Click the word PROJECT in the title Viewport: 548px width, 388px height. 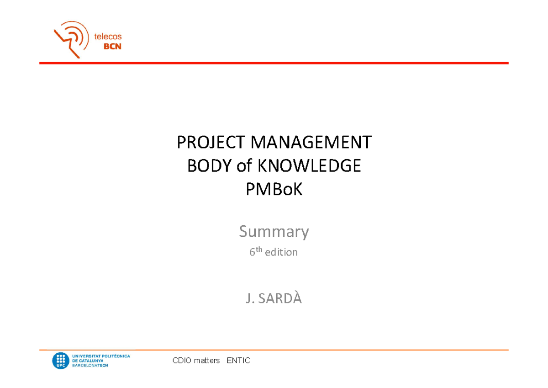point(205,143)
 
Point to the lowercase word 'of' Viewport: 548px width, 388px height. point(244,166)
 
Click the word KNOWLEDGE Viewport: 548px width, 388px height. point(309,166)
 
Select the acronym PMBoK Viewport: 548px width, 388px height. point(274,189)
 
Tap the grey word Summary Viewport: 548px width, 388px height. point(274,232)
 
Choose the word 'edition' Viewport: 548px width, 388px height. point(284,252)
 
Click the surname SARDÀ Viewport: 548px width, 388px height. point(280,299)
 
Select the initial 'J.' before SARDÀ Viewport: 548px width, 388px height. point(250,299)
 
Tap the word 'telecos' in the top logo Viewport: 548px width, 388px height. point(108,37)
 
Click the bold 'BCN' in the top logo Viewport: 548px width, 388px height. point(112,46)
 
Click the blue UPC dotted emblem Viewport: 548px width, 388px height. point(61,361)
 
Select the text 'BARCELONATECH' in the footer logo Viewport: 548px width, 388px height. point(90,366)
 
